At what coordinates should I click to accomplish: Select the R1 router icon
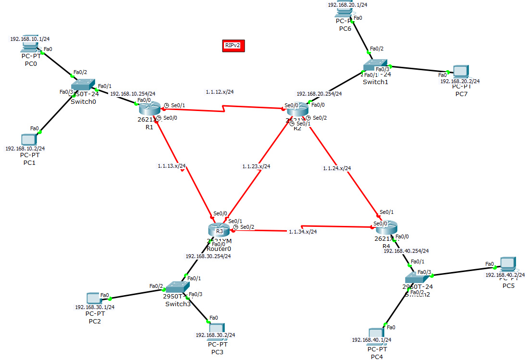coord(148,110)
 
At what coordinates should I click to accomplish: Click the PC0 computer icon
coord(30,47)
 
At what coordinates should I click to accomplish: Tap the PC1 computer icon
coord(29,139)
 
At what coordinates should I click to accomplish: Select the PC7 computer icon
coord(460,72)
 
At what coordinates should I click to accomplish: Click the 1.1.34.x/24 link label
coord(303,232)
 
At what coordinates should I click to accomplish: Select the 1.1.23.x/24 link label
coord(256,166)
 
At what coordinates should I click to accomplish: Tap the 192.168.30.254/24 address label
coord(208,256)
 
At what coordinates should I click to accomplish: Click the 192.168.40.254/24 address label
coord(406,250)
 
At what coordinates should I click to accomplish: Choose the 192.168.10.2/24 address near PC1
coord(25,149)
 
